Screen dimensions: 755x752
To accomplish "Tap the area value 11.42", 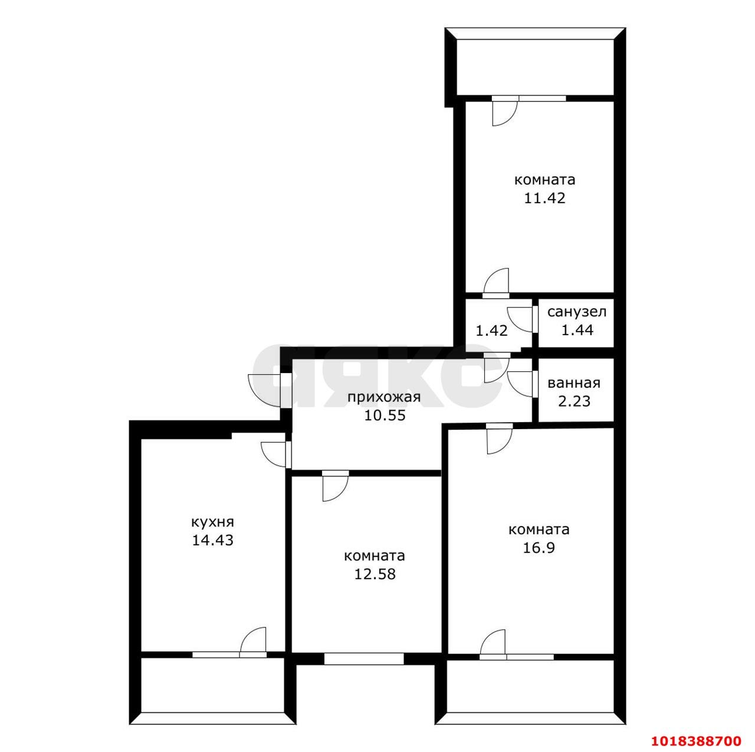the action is pyautogui.click(x=544, y=198).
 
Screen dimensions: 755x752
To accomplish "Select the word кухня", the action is pyautogui.click(x=212, y=522).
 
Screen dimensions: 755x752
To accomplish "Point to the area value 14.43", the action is pyautogui.click(x=212, y=541).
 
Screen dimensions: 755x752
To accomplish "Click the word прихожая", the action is pyautogui.click(x=384, y=397).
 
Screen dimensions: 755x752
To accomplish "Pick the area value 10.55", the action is pyautogui.click(x=385, y=415).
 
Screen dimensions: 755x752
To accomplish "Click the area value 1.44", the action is pyautogui.click(x=577, y=330).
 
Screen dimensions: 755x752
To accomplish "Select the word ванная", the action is pyautogui.click(x=574, y=383).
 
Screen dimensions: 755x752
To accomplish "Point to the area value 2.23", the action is pyautogui.click(x=574, y=401).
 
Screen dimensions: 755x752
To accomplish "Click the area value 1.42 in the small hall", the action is pyautogui.click(x=492, y=331).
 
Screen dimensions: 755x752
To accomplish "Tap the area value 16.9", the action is pyautogui.click(x=539, y=547).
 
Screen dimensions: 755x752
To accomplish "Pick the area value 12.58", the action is pyautogui.click(x=375, y=574).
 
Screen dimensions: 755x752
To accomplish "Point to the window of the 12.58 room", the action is pyautogui.click(x=363, y=670).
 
